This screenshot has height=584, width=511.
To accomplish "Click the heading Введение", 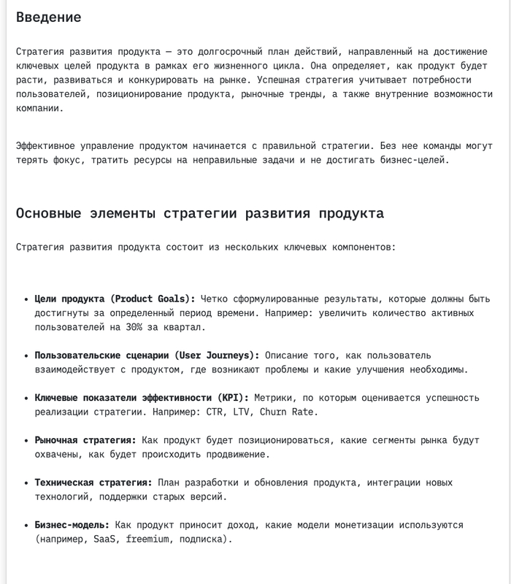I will coord(48,18).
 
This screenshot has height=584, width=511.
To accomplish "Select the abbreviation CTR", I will coord(196,412).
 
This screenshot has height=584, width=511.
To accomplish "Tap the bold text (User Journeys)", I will coord(216,356).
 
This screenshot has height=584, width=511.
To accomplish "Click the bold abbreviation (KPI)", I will coord(233,398).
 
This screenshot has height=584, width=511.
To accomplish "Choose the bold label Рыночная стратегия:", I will coord(85,440).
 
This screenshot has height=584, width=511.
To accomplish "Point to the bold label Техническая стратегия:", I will coord(93,483).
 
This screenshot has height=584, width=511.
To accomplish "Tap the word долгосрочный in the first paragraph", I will coord(233,53).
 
